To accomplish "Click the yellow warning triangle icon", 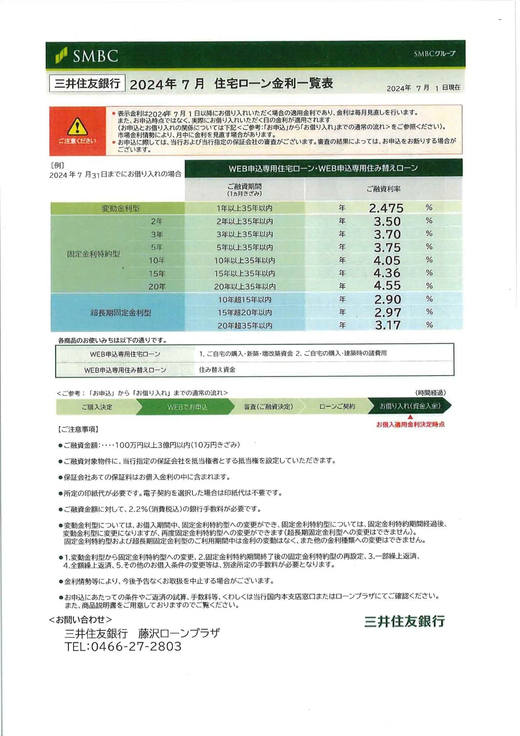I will [77, 127].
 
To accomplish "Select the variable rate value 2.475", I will [386, 208].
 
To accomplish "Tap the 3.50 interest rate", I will [387, 221].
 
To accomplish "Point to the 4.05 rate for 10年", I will [387, 260].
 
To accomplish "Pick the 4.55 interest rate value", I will [387, 286].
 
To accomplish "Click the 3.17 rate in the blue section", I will [387, 325].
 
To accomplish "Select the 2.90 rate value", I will [387, 299].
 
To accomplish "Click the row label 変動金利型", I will [120, 208].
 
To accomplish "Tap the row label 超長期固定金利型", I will [120, 313].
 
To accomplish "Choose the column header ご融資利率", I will [383, 189].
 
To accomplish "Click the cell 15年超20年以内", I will [245, 313].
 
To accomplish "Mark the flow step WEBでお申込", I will [187, 407].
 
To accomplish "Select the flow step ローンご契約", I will [337, 406].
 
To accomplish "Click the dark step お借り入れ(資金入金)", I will [410, 406].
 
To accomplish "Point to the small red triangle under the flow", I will [410, 417].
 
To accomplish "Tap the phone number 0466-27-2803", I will [136, 647].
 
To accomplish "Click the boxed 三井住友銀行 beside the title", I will [87, 84].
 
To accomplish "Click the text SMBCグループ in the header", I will [434, 54].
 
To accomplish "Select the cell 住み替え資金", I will [217, 369].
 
